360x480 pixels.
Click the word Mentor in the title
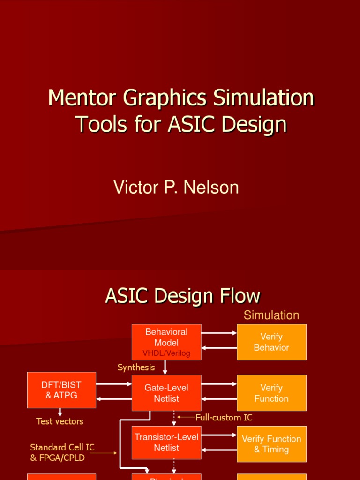(82, 98)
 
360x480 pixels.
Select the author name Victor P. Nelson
(176, 187)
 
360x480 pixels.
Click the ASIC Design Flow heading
(182, 296)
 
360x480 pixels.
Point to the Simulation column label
(271, 315)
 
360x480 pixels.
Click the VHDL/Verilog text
(166, 353)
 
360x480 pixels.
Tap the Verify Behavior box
(271, 342)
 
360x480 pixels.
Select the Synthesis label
(136, 367)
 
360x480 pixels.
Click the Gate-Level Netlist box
(166, 393)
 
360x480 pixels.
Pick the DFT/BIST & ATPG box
(61, 390)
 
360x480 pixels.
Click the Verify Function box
(271, 393)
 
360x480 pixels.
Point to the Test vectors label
(60, 421)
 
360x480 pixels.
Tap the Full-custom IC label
(224, 417)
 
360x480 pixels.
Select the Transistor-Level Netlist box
(166, 442)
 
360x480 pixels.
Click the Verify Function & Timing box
(271, 444)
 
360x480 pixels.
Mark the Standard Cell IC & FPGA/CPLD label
(62, 452)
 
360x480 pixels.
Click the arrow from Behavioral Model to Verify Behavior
(219, 333)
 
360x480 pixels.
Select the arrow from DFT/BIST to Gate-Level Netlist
(114, 384)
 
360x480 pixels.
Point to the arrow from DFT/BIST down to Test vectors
(60, 412)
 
